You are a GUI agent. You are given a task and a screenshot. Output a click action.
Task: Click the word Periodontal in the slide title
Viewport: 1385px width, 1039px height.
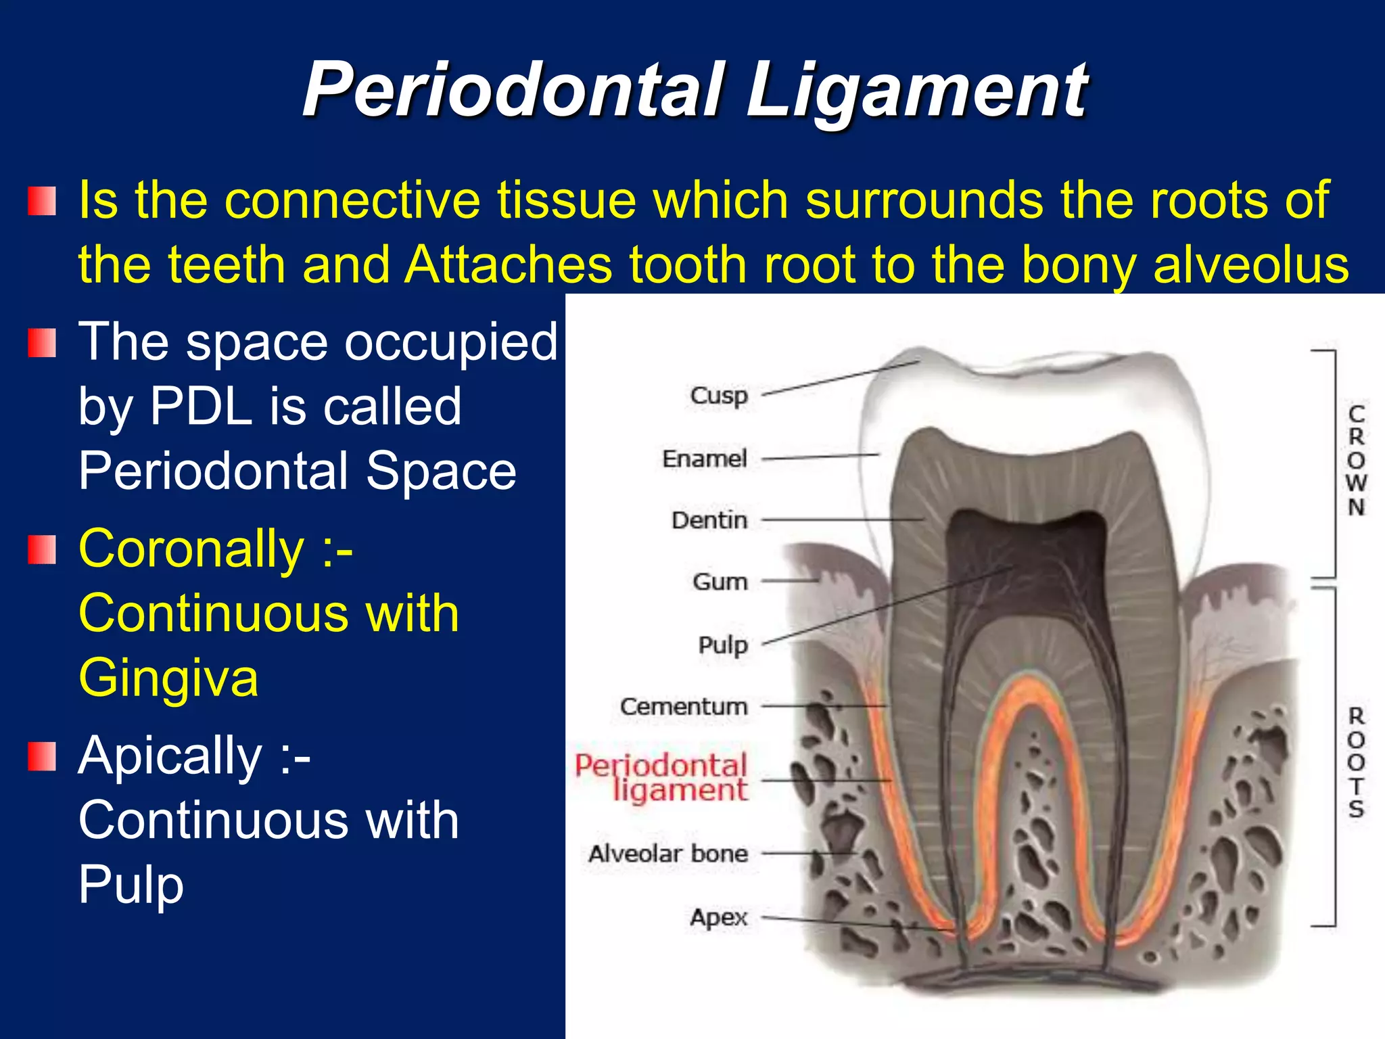514,90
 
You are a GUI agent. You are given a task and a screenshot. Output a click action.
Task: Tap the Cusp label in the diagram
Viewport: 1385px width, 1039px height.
719,395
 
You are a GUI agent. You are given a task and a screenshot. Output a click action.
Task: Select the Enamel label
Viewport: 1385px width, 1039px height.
705,459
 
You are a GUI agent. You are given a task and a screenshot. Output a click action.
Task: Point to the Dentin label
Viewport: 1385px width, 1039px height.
709,520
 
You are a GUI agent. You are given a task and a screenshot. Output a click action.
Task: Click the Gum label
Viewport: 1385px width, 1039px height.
720,582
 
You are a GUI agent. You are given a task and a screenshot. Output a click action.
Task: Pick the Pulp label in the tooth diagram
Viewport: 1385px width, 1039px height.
723,645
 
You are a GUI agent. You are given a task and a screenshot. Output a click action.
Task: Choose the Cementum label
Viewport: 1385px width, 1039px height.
684,706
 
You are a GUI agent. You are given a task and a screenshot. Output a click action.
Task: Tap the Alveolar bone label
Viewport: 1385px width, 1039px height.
668,854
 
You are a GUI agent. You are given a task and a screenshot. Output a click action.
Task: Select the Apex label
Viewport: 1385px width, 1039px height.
719,917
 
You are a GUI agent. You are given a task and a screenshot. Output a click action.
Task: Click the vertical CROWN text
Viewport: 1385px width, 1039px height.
1356,460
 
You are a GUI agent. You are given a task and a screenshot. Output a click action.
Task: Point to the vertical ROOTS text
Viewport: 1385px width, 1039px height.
1356,762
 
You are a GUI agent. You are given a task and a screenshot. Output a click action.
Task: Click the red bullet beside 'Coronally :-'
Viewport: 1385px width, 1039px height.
42,549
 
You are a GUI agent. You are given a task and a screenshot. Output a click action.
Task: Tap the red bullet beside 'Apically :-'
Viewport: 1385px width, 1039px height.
42,756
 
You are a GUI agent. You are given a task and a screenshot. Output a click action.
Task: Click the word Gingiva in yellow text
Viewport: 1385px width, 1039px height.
168,678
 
